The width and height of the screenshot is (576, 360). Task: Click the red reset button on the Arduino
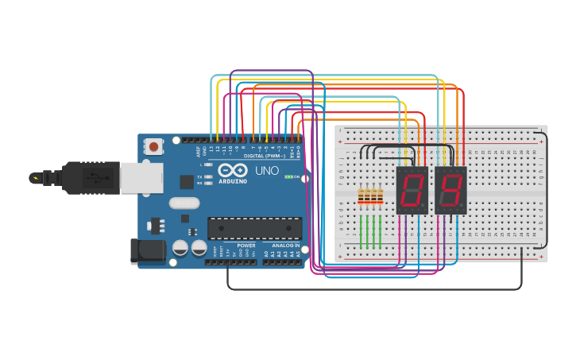coord(153,146)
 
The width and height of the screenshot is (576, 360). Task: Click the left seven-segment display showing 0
coord(412,191)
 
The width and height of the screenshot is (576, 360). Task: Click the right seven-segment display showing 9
coord(450,191)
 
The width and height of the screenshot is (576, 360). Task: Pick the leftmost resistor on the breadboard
coord(362,195)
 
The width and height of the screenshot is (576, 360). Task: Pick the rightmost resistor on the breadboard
coord(381,195)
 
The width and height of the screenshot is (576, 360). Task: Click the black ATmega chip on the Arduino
coord(254,228)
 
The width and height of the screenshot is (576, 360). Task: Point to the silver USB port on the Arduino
coord(141,177)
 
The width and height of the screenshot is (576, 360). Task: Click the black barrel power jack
coord(148,251)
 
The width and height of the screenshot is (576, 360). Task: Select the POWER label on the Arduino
coord(246,246)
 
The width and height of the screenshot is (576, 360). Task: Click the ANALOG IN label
coord(285,246)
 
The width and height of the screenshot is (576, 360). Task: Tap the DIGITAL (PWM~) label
coord(263,156)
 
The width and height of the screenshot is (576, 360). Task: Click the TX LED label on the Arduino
coord(199,176)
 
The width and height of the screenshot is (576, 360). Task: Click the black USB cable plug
coord(91,176)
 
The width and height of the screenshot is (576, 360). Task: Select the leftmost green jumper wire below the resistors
coord(362,230)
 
